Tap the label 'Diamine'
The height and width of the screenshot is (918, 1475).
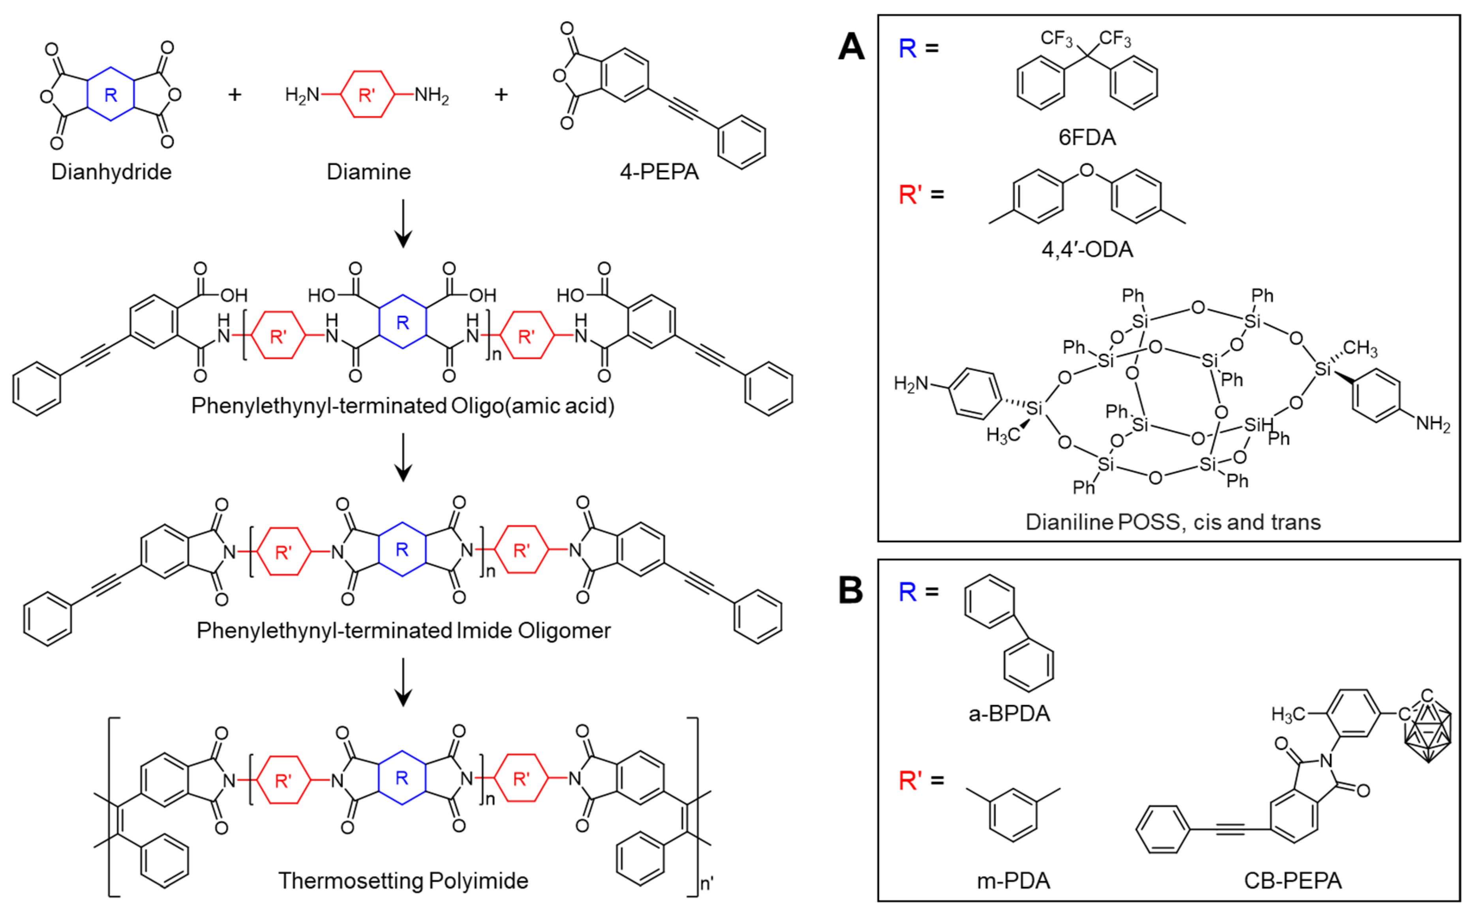click(369, 172)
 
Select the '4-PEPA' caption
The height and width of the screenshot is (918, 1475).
click(659, 172)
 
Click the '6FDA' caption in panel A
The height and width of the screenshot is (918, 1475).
click(1087, 138)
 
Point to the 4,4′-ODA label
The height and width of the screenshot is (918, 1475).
click(1087, 249)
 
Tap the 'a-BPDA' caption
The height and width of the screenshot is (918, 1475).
click(1009, 714)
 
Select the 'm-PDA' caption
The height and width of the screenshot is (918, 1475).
click(1013, 881)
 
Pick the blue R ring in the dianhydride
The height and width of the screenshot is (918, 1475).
click(111, 94)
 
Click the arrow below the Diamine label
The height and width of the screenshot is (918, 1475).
click(403, 225)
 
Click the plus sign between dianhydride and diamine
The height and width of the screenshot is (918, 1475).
click(235, 95)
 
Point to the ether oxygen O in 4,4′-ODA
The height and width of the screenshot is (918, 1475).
click(1087, 170)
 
